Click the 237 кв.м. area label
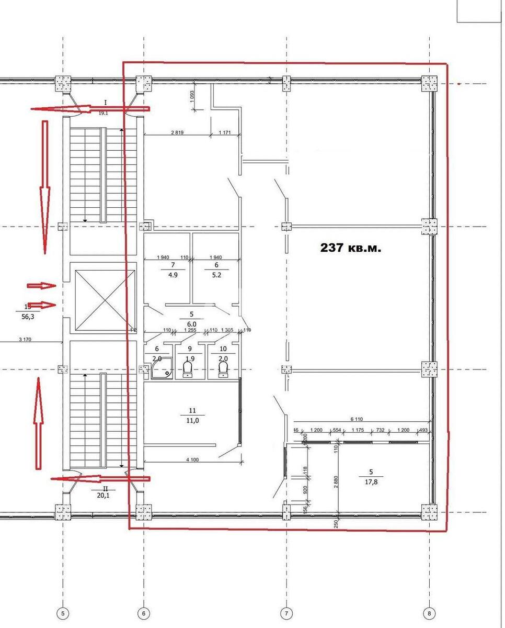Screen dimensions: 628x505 tap(351, 248)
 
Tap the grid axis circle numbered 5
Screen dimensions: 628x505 tap(63, 613)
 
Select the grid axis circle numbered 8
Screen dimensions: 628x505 tap(429, 613)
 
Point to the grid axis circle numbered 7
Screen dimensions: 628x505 tap(286, 613)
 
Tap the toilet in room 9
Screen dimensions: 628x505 tap(188, 369)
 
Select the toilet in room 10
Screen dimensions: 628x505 tap(223, 369)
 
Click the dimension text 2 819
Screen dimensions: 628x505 tap(177, 132)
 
